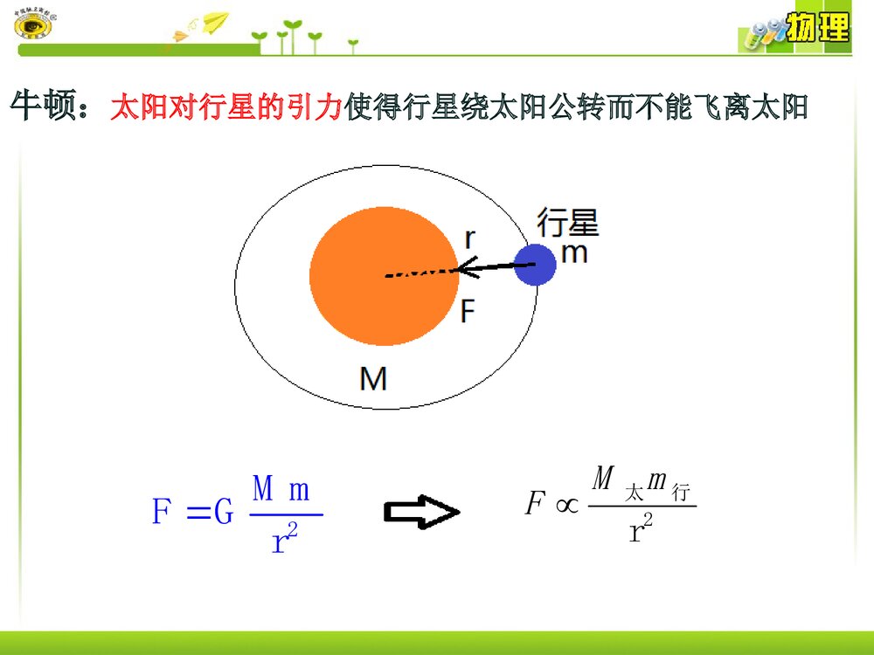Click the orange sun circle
tap(383, 274)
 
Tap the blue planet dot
tap(534, 264)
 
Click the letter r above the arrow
tap(470, 238)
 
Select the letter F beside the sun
tap(468, 311)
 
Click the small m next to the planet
tap(573, 253)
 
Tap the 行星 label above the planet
tap(568, 222)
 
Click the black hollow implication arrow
tap(421, 513)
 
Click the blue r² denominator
tap(286, 541)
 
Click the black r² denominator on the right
tap(642, 530)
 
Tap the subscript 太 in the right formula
tap(635, 494)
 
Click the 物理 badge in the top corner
tap(816, 29)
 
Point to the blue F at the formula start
tap(161, 513)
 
